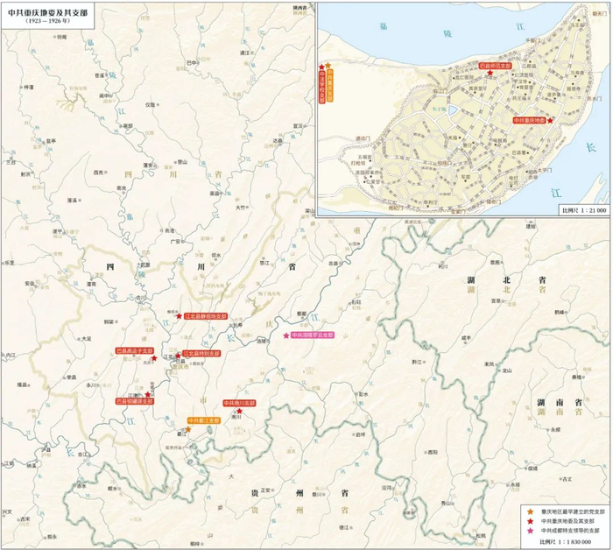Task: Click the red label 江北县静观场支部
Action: pyautogui.click(x=206, y=316)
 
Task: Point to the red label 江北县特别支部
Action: pyautogui.click(x=202, y=355)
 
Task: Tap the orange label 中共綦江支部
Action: pyautogui.click(x=206, y=421)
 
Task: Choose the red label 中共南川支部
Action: pyautogui.click(x=239, y=402)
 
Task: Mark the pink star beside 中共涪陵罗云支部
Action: pyautogui.click(x=285, y=335)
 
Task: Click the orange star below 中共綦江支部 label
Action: pyautogui.click(x=188, y=429)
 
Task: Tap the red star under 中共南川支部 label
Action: pyautogui.click(x=239, y=411)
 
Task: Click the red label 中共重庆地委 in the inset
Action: pyautogui.click(x=530, y=120)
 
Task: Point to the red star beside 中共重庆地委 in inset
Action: pyautogui.click(x=550, y=120)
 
